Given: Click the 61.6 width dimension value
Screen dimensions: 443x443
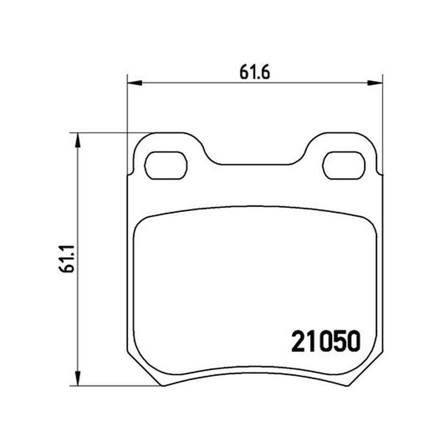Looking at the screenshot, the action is pyautogui.click(x=255, y=73).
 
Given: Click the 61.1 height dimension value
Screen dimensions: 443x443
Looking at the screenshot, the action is pyautogui.click(x=67, y=259).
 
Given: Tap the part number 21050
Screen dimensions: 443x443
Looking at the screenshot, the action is pyautogui.click(x=326, y=342).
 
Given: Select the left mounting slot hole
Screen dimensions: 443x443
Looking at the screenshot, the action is pyautogui.click(x=166, y=165).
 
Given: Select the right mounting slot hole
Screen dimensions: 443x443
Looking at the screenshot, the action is pyautogui.click(x=344, y=165).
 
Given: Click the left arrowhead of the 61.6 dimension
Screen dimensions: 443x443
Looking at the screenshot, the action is pyautogui.click(x=135, y=83).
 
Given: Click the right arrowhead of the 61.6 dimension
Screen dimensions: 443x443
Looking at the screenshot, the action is pyautogui.click(x=375, y=83).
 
